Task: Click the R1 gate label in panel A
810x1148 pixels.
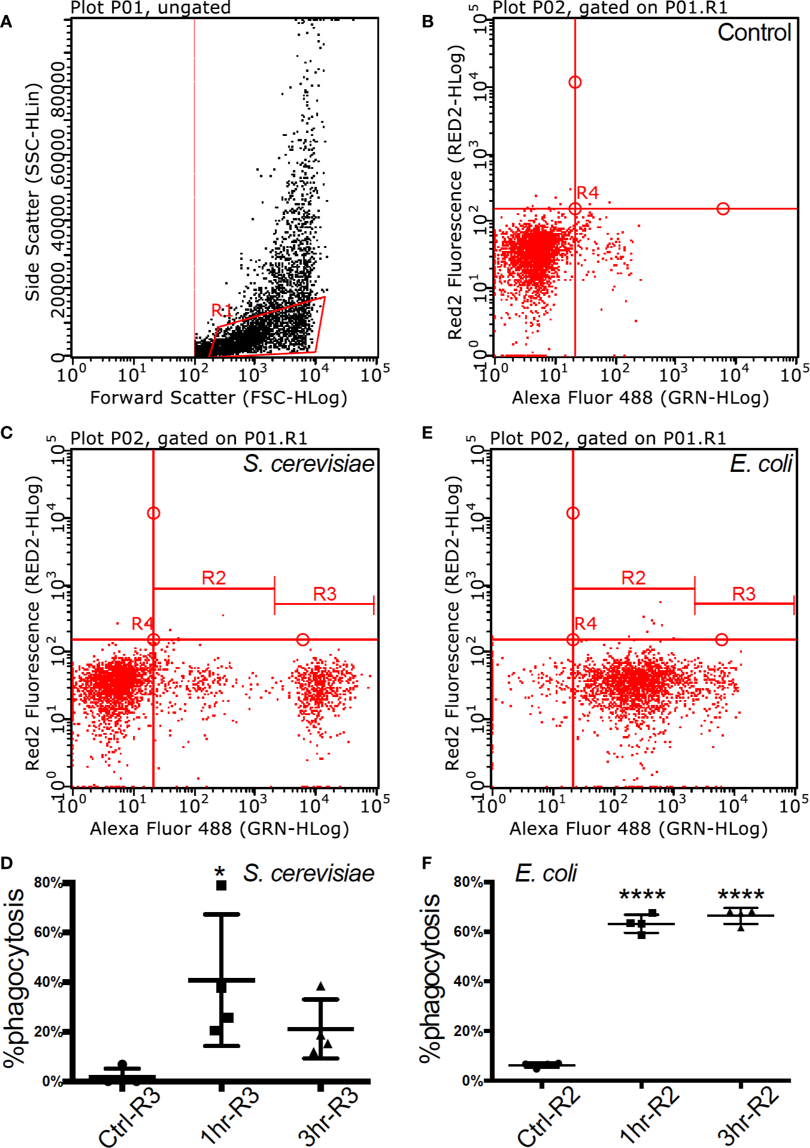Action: tap(221, 310)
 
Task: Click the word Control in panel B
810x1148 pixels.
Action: tap(754, 32)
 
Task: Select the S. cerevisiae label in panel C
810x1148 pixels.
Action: tap(308, 464)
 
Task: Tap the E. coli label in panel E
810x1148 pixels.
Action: tap(761, 464)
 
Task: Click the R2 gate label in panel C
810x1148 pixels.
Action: tap(214, 578)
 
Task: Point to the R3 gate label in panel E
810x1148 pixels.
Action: tap(744, 594)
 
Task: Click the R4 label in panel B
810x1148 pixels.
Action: tap(587, 193)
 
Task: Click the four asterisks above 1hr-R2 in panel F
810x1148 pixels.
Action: tap(642, 896)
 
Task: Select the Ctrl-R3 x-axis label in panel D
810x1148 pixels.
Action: tap(130, 1116)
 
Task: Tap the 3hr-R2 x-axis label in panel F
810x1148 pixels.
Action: tap(749, 1116)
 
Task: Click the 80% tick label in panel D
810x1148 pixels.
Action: tap(48, 882)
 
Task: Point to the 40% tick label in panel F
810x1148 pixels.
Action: tap(468, 982)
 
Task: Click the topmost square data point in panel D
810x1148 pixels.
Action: tap(221, 886)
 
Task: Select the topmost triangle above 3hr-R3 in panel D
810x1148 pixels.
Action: tap(321, 986)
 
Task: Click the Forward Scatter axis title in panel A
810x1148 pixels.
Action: tap(219, 398)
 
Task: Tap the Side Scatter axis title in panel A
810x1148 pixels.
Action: tap(33, 192)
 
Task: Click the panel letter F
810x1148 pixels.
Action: tap(427, 863)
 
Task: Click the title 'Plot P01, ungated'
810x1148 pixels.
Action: tap(150, 8)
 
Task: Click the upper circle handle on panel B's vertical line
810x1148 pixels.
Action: tap(575, 82)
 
